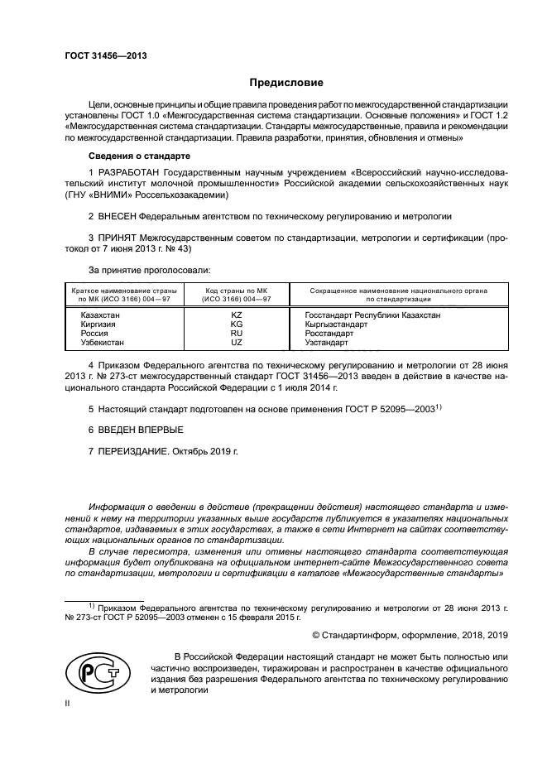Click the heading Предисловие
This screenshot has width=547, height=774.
pos(286,83)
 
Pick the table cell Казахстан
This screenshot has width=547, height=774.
pos(99,315)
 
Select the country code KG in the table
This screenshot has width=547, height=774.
pos(236,325)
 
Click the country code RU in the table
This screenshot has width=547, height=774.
pos(236,333)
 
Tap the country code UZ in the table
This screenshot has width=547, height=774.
pos(236,342)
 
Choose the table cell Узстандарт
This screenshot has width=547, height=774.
pos(328,342)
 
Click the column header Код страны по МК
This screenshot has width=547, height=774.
pos(236,291)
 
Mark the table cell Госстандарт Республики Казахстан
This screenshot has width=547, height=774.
pos(372,315)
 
